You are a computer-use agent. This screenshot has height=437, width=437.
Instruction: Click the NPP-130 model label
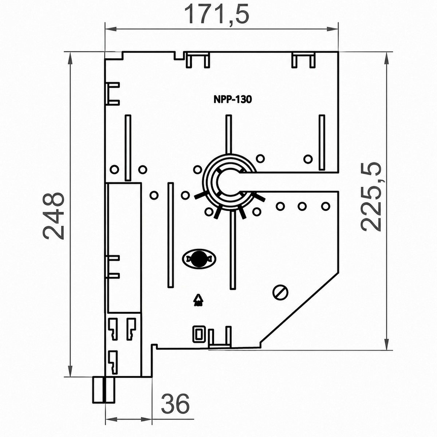tap(233, 99)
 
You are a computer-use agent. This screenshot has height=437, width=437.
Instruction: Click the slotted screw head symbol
tap(280, 292)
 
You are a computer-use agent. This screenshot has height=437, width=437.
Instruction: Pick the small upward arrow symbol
tap(198, 300)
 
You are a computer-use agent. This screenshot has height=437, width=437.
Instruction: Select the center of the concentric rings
tap(229, 181)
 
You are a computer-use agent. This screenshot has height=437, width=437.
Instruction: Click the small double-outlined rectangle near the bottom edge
tap(199, 335)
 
